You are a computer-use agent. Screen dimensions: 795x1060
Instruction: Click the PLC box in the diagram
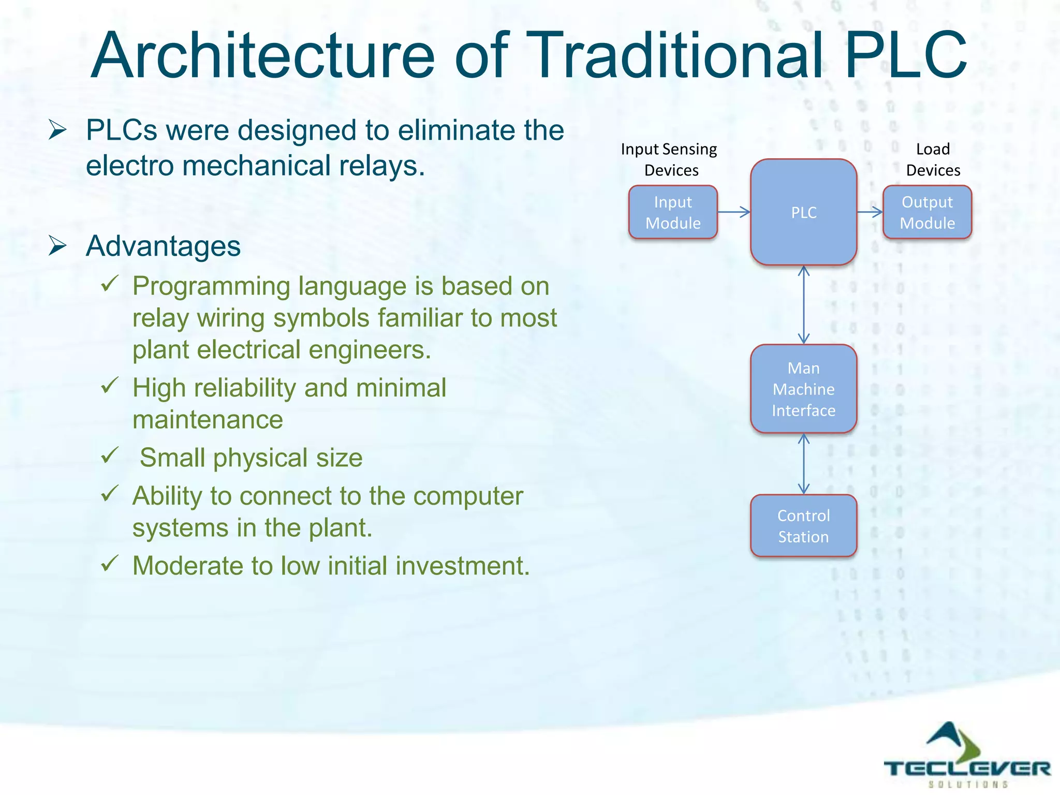tap(803, 212)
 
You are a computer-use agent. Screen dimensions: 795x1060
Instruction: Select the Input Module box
tap(673, 212)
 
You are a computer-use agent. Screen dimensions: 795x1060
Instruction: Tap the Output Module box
tap(927, 212)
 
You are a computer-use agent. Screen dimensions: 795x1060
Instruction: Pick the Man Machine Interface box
tap(803, 389)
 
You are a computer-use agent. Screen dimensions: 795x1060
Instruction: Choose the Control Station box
tap(803, 526)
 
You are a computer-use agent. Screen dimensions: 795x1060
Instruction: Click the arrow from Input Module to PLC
tap(733, 212)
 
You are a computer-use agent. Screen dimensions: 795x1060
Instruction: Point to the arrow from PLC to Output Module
tap(870, 212)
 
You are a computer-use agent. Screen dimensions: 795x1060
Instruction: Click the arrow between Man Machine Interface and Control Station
tap(803, 463)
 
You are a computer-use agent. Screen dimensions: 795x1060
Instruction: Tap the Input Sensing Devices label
tap(670, 159)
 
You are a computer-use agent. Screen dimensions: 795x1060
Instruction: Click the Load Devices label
tap(933, 159)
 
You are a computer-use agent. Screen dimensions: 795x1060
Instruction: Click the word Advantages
tap(163, 246)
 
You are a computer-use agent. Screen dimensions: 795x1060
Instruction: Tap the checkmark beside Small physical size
tap(110, 455)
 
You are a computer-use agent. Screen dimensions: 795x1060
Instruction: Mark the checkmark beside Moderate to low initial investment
tap(110, 563)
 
